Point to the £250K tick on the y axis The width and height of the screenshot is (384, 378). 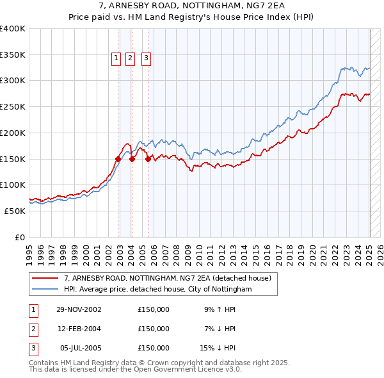click(13, 106)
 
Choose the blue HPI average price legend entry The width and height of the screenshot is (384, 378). click(157, 289)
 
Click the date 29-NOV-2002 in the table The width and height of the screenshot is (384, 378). click(79, 309)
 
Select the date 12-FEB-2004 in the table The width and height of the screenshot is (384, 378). click(79, 329)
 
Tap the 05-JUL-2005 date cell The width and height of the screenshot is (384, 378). click(80, 348)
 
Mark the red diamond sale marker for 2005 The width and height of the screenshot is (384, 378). click(148, 160)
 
